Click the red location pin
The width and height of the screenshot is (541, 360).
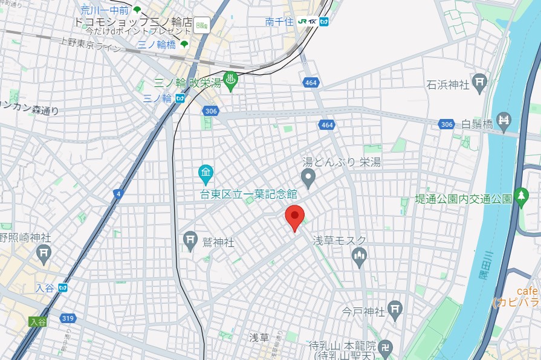294,217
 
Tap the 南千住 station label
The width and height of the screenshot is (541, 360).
279,22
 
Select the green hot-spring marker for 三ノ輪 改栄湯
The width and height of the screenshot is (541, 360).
230,80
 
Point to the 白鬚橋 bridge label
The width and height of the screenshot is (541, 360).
478,124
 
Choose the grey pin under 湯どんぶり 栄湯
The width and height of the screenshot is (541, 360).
308,178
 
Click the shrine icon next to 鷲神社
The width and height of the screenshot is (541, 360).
190,240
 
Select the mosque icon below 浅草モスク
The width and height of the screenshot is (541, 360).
359,258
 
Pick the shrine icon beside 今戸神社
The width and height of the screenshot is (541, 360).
394,310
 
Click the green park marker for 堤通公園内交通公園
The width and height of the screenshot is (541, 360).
521,197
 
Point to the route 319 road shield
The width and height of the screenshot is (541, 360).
68,318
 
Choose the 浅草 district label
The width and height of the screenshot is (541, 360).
258,337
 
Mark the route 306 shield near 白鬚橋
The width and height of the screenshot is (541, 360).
446,124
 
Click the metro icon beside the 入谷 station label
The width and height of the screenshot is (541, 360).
62,288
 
